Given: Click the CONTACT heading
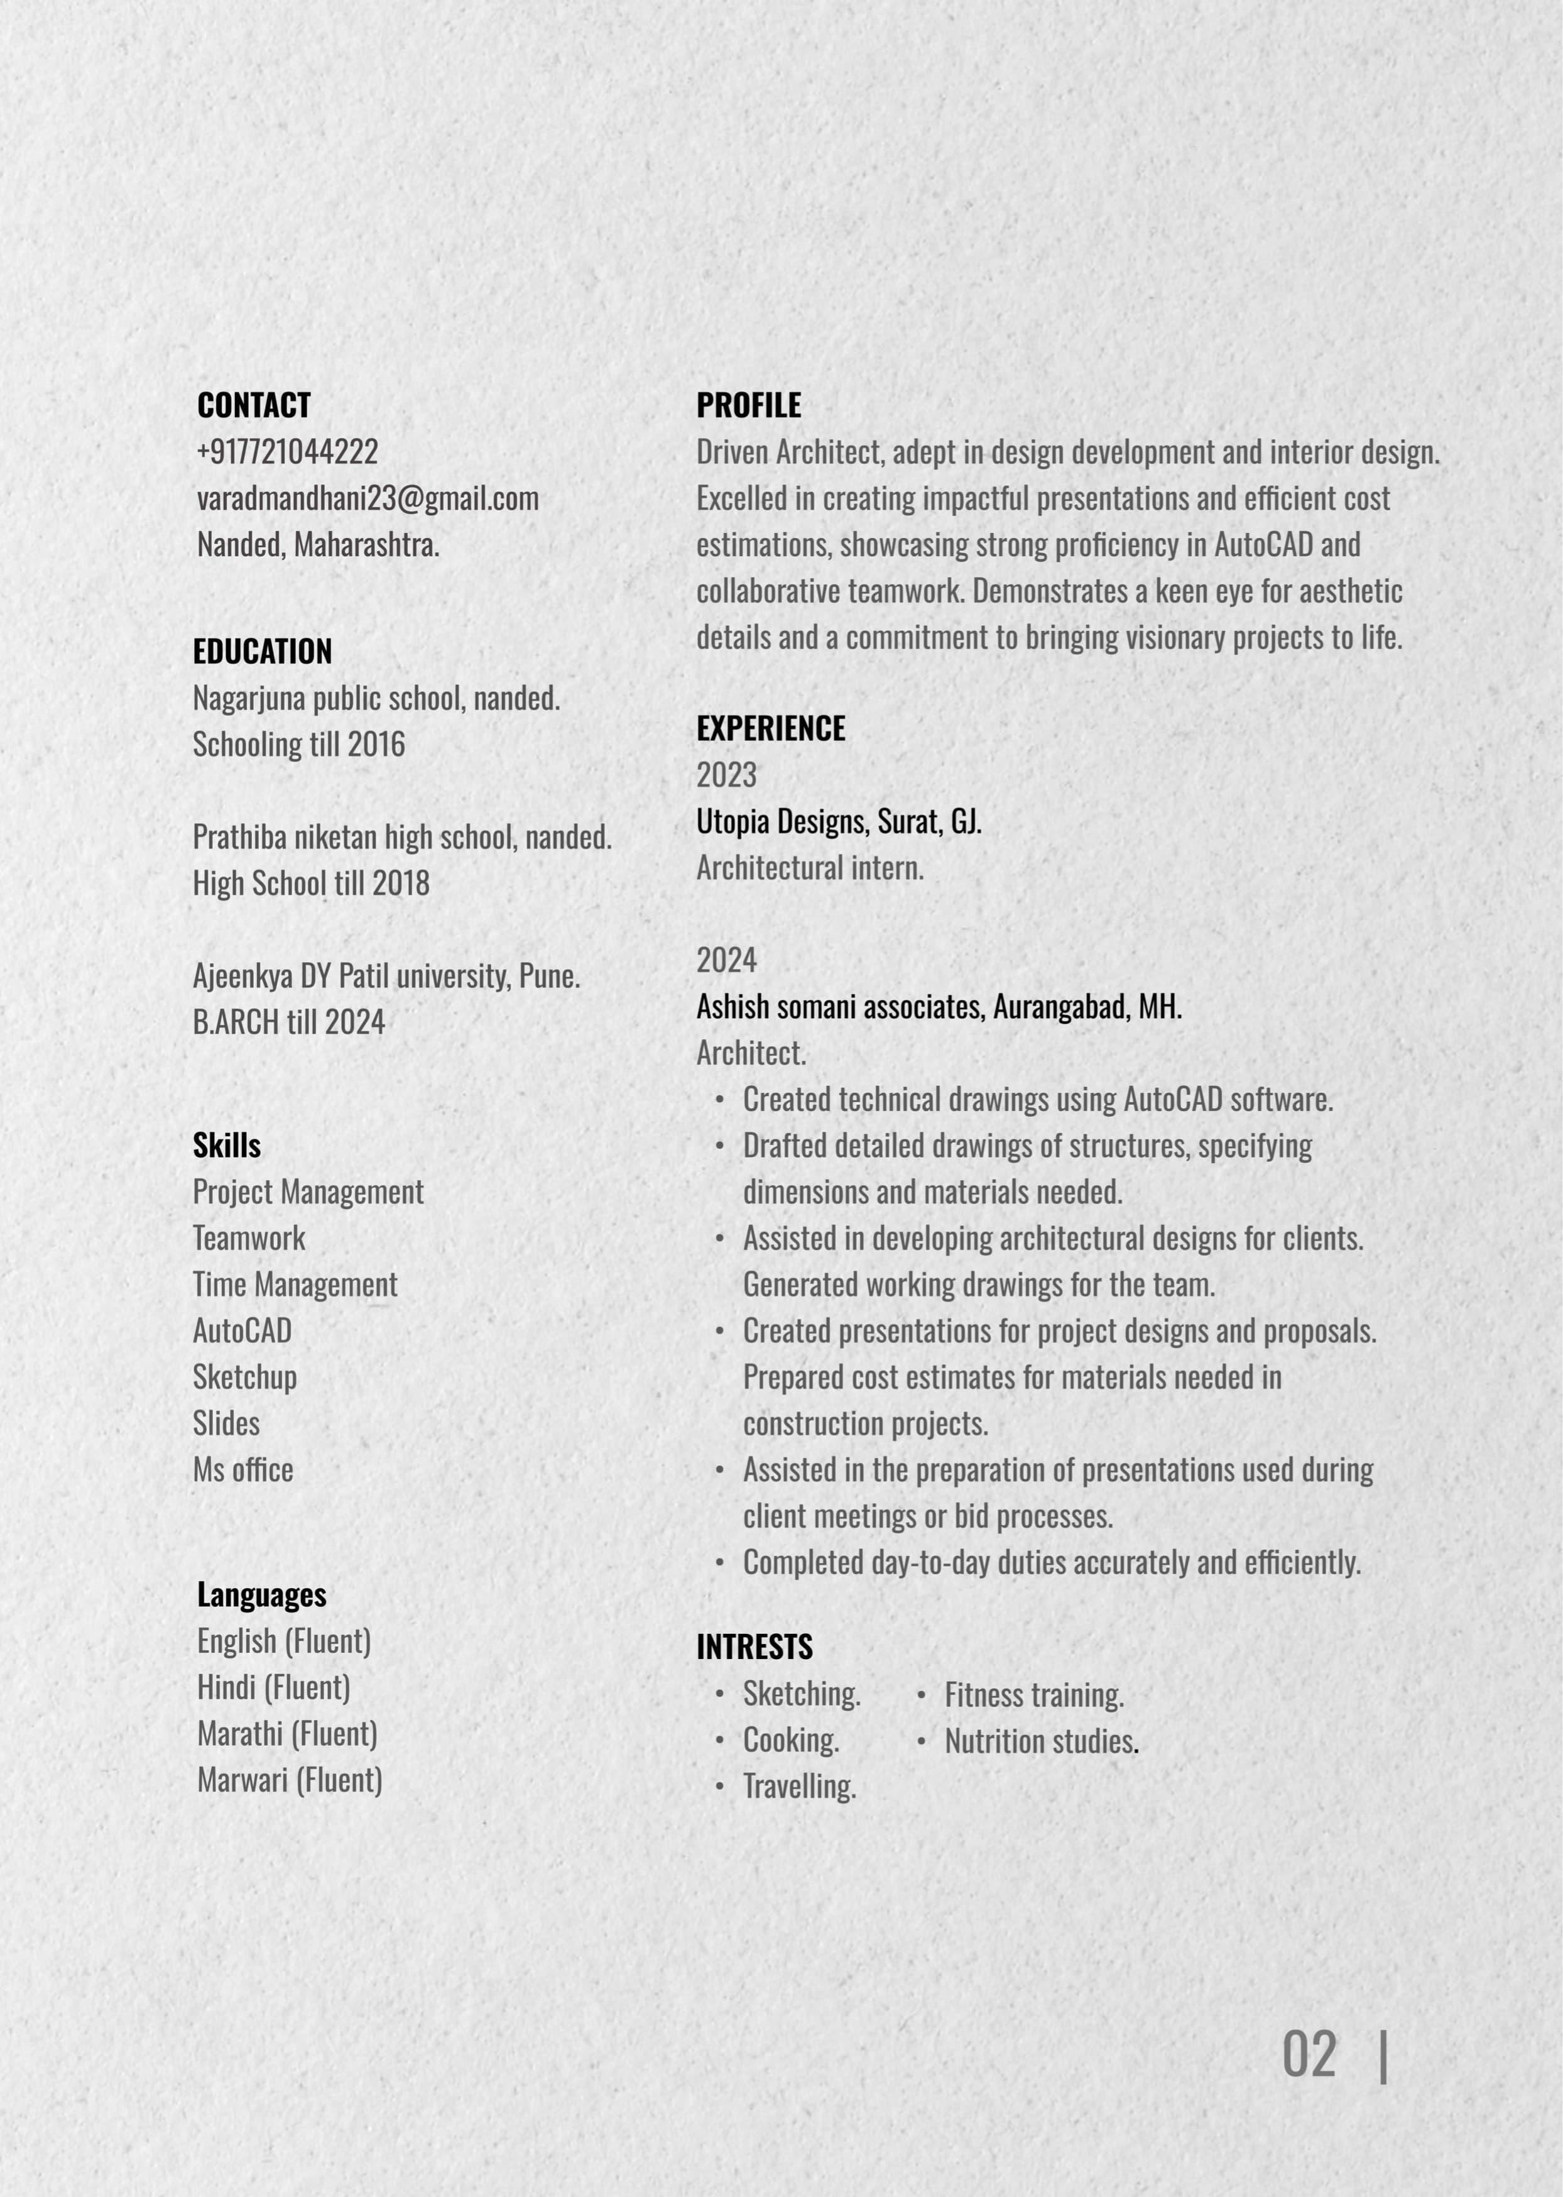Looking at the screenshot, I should click(253, 405).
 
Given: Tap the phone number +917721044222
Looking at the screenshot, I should click(287, 452).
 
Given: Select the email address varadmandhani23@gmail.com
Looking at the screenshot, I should click(367, 499).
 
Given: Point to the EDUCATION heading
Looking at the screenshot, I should click(262, 652).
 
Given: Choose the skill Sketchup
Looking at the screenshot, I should click(244, 1377).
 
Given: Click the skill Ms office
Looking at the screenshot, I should click(242, 1469).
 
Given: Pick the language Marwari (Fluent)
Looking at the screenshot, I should click(289, 1780).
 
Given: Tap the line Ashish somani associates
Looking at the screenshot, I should click(837, 1007).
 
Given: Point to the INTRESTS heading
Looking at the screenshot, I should click(754, 1646).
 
